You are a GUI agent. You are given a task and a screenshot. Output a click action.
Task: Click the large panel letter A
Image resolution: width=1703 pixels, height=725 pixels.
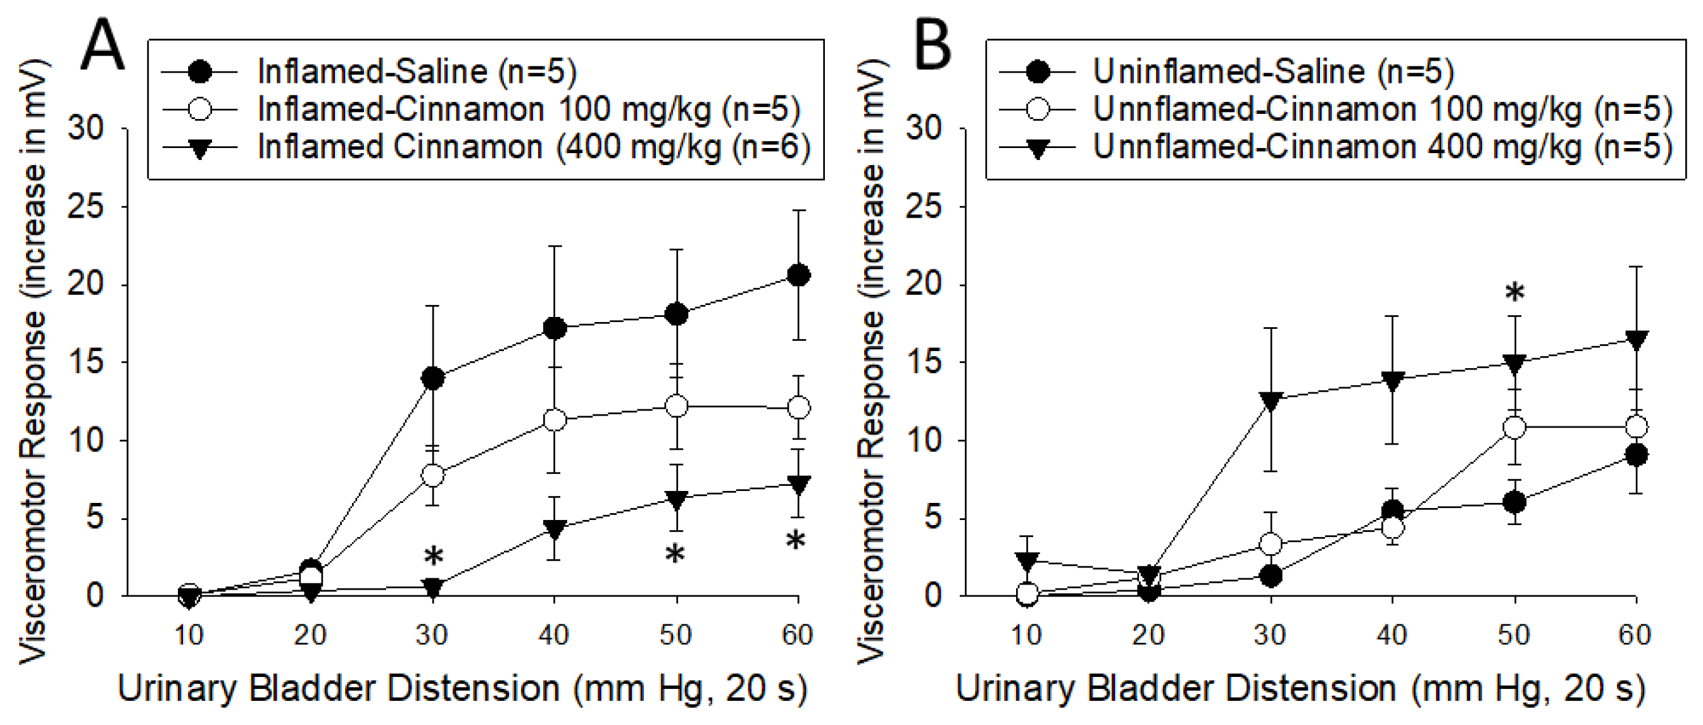tap(103, 45)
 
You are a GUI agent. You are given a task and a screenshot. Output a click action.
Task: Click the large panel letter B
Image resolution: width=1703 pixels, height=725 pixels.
tap(932, 45)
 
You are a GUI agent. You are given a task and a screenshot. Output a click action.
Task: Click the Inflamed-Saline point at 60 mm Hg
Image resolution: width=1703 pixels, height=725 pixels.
tap(798, 275)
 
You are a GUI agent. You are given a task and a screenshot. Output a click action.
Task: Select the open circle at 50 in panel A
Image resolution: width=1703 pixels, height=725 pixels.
tap(676, 406)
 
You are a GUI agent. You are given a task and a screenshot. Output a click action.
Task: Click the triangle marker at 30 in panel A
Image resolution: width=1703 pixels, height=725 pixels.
tap(432, 587)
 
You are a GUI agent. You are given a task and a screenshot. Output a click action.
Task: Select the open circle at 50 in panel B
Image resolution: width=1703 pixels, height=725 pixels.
tap(1514, 428)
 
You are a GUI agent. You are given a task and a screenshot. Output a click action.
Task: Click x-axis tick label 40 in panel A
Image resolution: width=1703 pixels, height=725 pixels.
tap(554, 635)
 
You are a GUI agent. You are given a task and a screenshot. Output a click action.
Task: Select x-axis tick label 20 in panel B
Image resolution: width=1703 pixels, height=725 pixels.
tap(1148, 635)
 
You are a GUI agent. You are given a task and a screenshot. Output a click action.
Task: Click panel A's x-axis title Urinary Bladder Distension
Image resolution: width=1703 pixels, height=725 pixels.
tap(463, 689)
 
